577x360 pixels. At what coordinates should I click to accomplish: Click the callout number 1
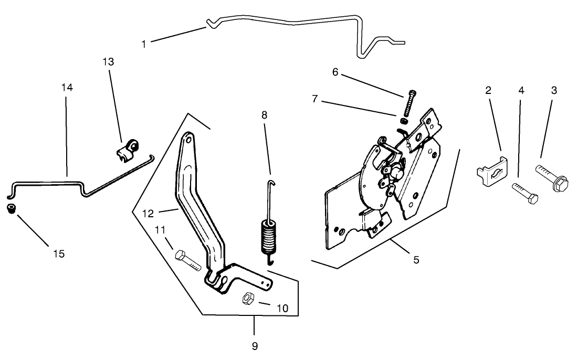(x=144, y=44)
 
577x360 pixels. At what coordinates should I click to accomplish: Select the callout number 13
(x=108, y=62)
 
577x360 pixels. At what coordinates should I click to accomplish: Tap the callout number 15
(x=59, y=253)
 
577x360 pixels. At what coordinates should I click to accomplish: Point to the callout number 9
(x=254, y=346)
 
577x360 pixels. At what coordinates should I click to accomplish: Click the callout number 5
(x=416, y=259)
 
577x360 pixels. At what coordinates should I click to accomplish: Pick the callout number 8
(x=264, y=115)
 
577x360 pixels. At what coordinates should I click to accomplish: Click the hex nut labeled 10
(x=248, y=299)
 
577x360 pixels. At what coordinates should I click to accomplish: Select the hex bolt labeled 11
(x=186, y=260)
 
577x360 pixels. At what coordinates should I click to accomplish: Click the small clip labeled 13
(x=127, y=149)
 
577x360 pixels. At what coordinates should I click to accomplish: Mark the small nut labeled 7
(x=402, y=114)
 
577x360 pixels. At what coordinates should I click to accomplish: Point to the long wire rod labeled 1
(x=294, y=22)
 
